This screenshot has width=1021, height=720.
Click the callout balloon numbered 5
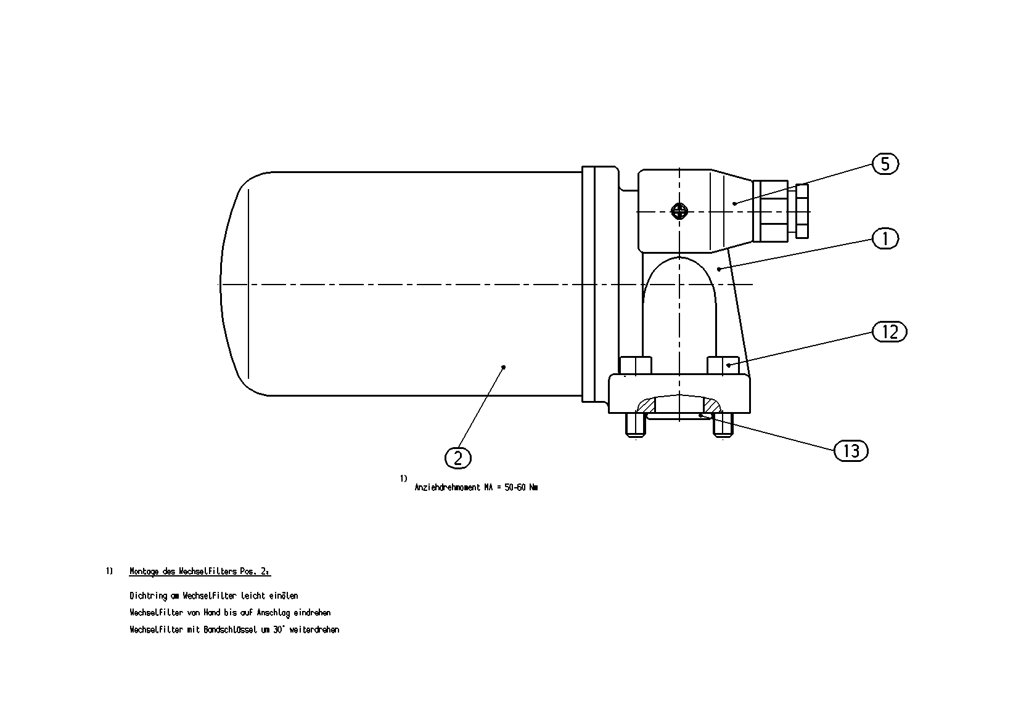pyautogui.click(x=885, y=164)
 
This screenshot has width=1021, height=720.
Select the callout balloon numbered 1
pyautogui.click(x=885, y=238)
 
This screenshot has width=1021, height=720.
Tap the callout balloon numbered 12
pyautogui.click(x=890, y=332)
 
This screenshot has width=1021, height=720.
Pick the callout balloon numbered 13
pyautogui.click(x=851, y=451)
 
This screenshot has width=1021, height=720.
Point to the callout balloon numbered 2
pyautogui.click(x=458, y=458)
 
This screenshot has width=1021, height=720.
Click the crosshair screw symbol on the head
pyautogui.click(x=679, y=211)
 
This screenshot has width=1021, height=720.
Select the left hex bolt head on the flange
pyautogui.click(x=636, y=365)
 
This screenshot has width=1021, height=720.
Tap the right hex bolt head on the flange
pyautogui.click(x=723, y=365)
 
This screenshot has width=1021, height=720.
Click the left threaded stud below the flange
pyautogui.click(x=636, y=425)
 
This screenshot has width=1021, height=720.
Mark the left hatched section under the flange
pyautogui.click(x=646, y=405)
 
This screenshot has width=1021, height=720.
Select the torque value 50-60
pyautogui.click(x=515, y=488)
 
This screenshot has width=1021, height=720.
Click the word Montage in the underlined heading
pyautogui.click(x=144, y=572)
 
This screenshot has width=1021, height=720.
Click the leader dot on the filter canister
pyautogui.click(x=504, y=367)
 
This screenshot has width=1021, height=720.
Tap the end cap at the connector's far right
pyautogui.click(x=802, y=211)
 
